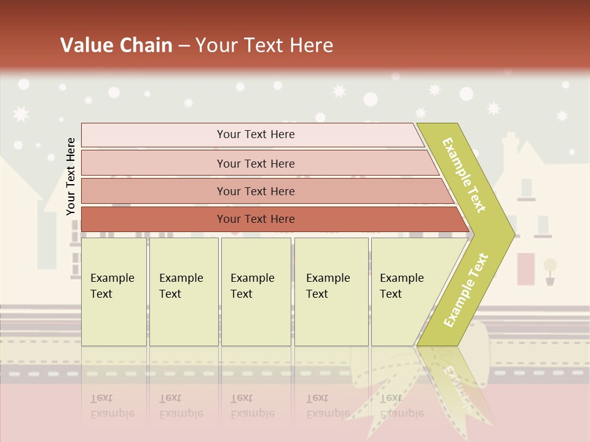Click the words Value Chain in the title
coord(116,45)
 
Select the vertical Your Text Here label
coord(71,176)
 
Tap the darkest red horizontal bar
coord(256,219)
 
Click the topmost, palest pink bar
coord(256,134)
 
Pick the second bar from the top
coord(256,163)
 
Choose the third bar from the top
coord(256,191)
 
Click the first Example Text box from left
coord(114,292)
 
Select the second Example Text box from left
coord(183,292)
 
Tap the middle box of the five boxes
coord(256,292)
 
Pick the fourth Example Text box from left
coord(331,292)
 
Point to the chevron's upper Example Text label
coord(464,175)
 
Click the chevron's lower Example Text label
coord(466,290)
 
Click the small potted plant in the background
coord(549,270)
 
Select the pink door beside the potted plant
coord(526,268)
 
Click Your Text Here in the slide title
coord(264,45)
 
